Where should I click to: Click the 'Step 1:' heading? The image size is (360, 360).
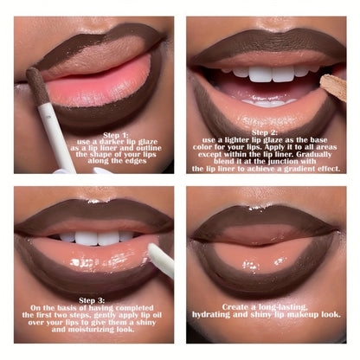(116, 135)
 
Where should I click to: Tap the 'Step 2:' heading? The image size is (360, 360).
(265, 132)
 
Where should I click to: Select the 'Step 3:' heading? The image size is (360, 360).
(92, 300)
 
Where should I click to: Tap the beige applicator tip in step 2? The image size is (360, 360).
(334, 87)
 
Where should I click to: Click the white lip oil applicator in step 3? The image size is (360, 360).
(162, 260)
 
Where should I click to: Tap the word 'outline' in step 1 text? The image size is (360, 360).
(149, 148)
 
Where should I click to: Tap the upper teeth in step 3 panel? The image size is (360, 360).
(96, 237)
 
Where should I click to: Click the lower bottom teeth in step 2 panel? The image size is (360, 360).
(269, 102)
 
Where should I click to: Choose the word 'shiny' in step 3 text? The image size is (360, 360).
(145, 322)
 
